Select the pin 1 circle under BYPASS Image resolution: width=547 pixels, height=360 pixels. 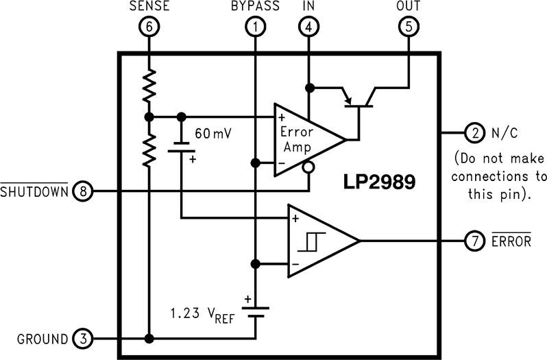tap(255, 27)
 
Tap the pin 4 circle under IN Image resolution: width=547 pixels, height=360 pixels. tap(309, 27)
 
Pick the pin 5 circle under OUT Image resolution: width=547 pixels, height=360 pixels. tap(408, 27)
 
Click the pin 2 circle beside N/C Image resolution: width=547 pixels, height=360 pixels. tap(474, 132)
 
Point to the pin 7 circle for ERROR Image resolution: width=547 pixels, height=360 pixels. tap(474, 241)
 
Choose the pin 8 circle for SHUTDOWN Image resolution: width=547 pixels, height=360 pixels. tap(83, 191)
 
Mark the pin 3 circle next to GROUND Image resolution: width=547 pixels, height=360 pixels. tap(82, 339)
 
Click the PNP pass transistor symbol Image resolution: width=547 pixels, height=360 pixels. tap(358, 99)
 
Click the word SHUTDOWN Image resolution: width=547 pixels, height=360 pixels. tap(35, 192)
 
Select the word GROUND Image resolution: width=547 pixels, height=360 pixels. tap(42, 339)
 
